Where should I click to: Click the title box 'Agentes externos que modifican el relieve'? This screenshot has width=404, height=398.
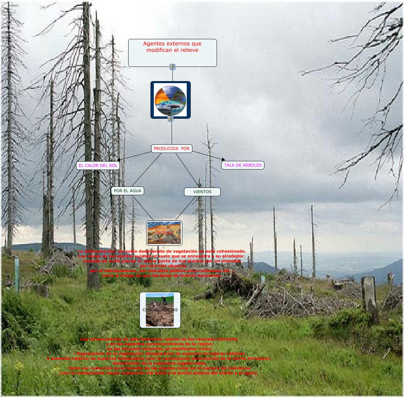tap(172, 53)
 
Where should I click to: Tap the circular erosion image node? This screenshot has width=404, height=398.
tap(170, 100)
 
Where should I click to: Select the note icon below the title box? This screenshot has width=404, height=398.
tap(172, 67)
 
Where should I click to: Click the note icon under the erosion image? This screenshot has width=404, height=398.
tap(170, 119)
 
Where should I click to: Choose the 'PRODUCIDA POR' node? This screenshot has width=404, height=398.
tap(171, 149)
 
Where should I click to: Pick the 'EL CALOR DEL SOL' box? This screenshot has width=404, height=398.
tap(98, 165)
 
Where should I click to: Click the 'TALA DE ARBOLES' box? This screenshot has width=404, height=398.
tap(243, 165)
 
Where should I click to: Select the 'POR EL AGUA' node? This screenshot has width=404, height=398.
tap(128, 191)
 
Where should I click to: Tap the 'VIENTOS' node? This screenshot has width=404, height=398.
tap(202, 192)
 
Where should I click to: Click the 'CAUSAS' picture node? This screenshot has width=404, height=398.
tap(164, 233)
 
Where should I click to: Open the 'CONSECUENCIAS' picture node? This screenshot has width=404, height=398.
tap(160, 310)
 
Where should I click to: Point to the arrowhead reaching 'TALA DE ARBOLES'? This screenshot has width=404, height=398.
tap(223, 160)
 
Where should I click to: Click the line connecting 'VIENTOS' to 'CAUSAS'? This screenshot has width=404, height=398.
tap(185, 208)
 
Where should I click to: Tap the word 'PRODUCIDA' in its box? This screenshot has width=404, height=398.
tap(166, 149)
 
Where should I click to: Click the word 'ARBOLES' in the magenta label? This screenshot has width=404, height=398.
tap(252, 165)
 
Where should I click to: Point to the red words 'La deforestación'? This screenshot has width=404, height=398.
tap(96, 251)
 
